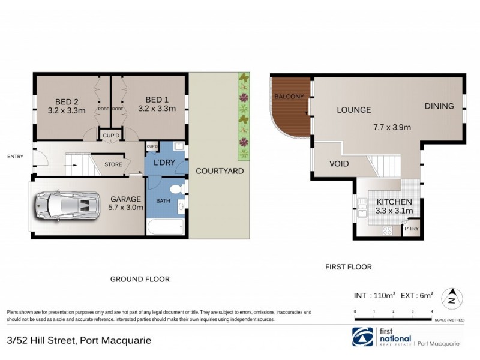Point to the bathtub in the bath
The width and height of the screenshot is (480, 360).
coord(166,226)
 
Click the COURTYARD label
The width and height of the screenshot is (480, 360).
coord(220,171)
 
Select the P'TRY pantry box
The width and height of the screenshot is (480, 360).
coord(411,229)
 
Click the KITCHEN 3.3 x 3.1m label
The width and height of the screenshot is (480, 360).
coord(394,206)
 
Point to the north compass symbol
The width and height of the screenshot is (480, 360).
coord(451,297)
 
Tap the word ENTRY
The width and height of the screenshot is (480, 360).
coord(15,157)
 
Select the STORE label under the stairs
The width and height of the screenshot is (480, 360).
coord(113,164)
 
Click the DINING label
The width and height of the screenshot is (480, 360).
coord(439,106)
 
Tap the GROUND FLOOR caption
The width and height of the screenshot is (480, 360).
coord(140,279)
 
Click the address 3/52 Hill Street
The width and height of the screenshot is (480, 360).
coord(78,340)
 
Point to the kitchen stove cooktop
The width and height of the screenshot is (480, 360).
coord(388,230)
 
